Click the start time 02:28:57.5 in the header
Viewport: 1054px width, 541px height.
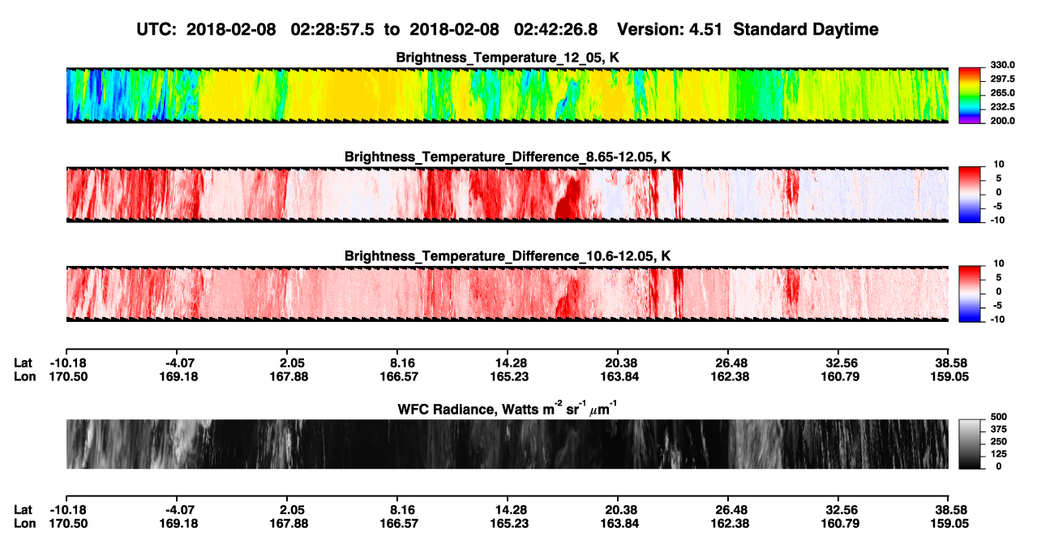pos(332,29)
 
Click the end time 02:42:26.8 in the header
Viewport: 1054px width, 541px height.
pos(555,29)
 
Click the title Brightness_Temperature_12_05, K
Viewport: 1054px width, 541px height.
pos(508,58)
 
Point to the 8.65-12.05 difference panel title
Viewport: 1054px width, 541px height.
pos(508,157)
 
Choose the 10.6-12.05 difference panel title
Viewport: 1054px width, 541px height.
pos(508,256)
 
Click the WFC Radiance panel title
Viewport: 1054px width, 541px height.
pos(507,409)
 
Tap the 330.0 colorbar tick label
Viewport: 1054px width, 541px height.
pos(1002,65)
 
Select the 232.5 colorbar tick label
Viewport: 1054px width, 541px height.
pos(1002,107)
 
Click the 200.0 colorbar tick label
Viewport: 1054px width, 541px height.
pos(1002,121)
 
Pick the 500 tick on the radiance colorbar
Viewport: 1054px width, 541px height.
pos(999,417)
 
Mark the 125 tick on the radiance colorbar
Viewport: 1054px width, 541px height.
pos(999,454)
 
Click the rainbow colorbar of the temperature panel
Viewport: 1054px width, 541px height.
pos(970,96)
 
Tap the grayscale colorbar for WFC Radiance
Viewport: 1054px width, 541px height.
pos(970,444)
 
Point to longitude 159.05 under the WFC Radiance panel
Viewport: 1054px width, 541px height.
pos(949,524)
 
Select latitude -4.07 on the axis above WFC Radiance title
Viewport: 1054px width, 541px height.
pos(180,363)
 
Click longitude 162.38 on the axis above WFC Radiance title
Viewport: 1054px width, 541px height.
pos(730,376)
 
